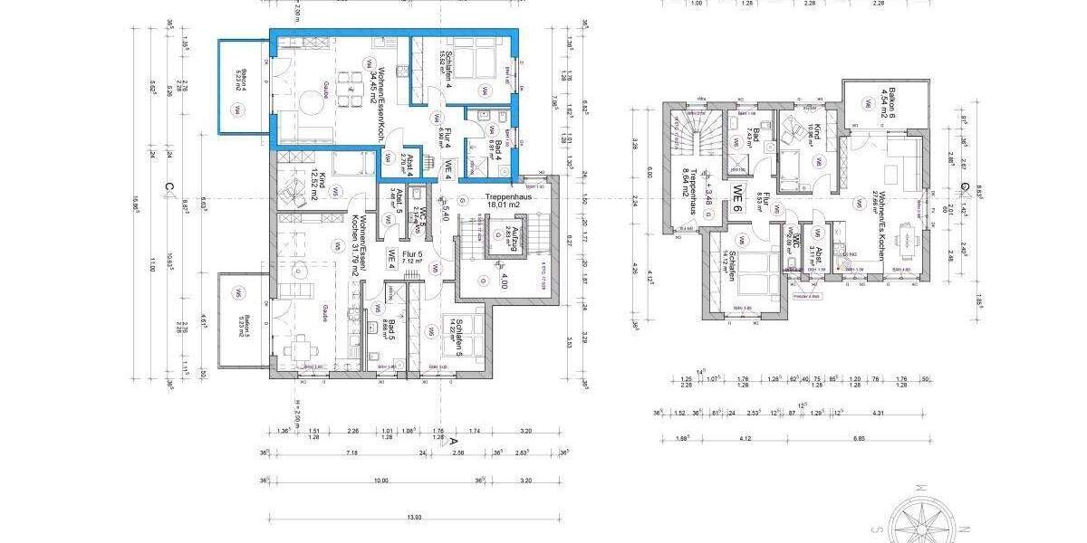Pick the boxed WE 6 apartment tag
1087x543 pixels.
(x=738, y=198)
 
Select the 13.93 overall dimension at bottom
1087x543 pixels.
(x=414, y=517)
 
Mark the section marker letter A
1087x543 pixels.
(x=452, y=441)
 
